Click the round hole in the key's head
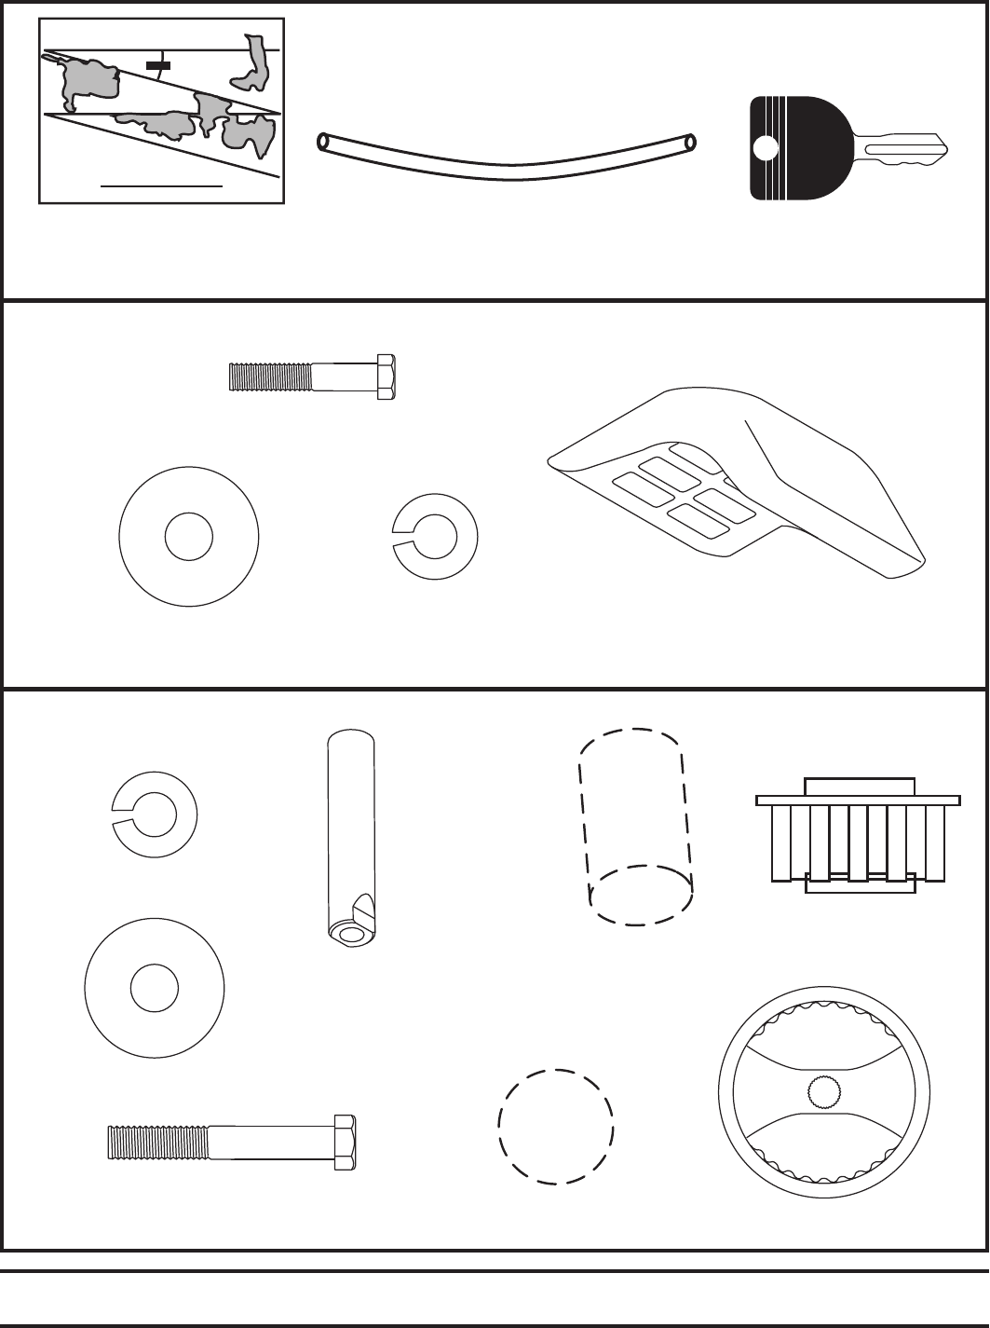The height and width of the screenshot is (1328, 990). coord(765,148)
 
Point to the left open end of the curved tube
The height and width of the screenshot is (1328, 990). coord(323,143)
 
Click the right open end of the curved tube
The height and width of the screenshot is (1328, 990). coord(690,143)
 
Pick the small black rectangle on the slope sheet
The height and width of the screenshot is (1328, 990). coord(158,65)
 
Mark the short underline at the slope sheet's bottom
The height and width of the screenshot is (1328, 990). coord(161,185)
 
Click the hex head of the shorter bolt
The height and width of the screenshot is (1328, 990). coord(387,376)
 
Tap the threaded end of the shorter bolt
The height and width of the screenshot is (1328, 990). coord(270,376)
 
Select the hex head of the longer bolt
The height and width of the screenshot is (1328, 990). coord(345,1143)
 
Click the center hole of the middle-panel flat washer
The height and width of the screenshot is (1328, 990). coord(188,537)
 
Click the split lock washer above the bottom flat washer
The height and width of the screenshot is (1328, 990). coord(154,814)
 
